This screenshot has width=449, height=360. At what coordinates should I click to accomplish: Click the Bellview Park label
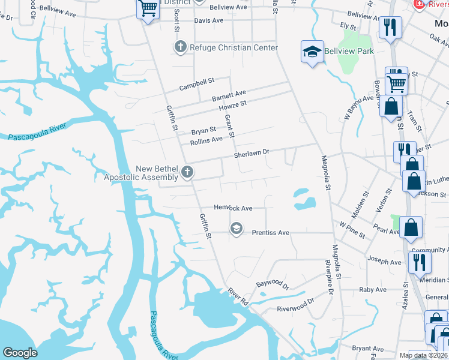click(349, 51)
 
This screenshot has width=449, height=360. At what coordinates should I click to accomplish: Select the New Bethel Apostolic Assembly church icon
click(187, 173)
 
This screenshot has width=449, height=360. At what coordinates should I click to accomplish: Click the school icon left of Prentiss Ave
click(237, 228)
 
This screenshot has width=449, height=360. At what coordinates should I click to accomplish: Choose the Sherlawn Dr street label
click(251, 153)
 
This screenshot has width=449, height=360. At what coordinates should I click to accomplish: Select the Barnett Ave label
click(229, 95)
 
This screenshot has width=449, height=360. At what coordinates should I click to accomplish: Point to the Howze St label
click(234, 104)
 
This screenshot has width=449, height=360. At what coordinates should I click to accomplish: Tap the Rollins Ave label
click(206, 141)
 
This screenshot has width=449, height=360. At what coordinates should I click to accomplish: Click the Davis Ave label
click(208, 20)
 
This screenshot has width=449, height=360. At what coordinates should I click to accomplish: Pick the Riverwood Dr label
click(295, 305)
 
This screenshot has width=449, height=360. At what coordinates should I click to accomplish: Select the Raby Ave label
click(372, 289)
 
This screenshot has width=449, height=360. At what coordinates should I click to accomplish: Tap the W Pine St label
click(352, 226)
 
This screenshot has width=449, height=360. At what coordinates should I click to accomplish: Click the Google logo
click(20, 353)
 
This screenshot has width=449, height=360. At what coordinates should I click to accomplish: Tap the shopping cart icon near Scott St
click(148, 9)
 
